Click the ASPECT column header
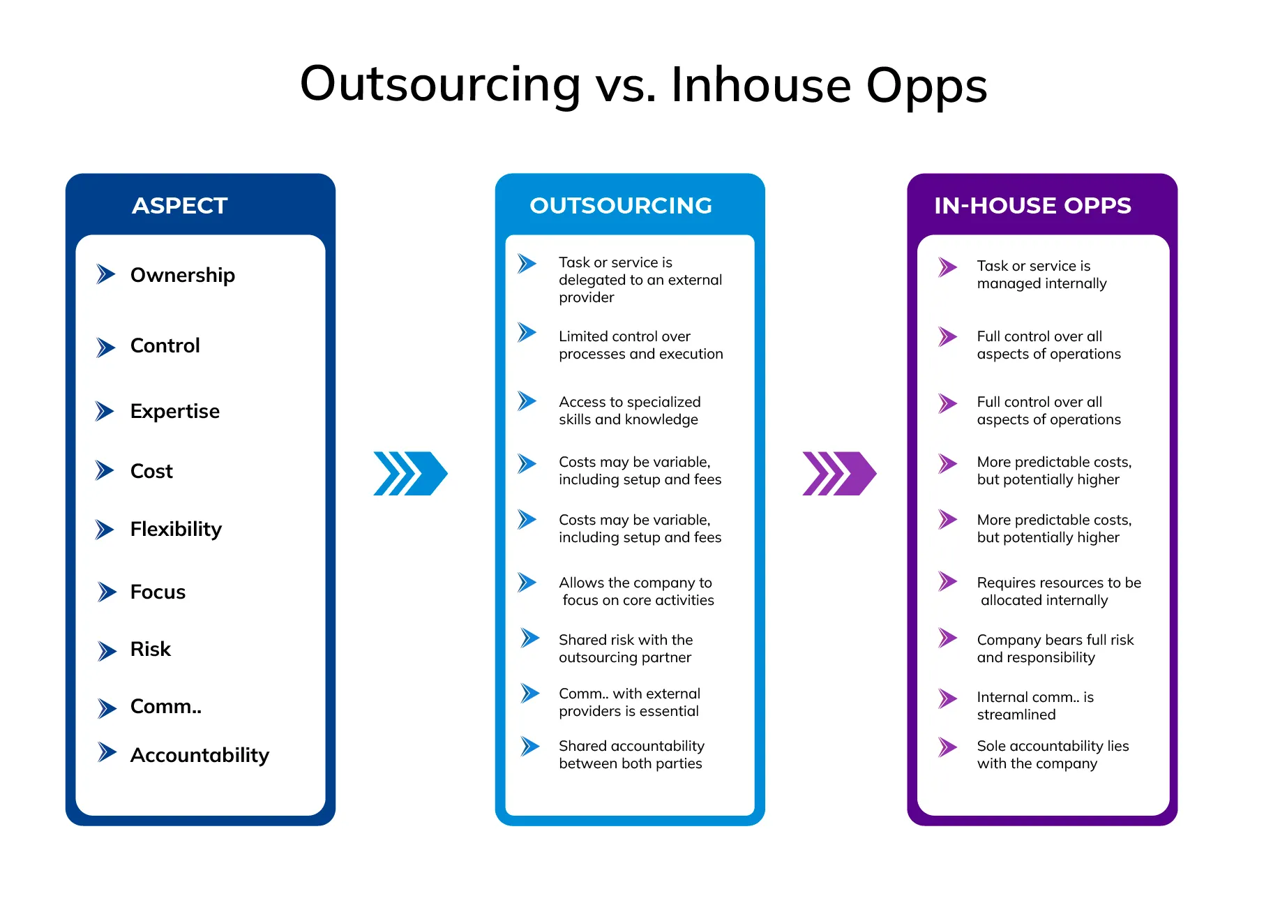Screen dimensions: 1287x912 click(180, 206)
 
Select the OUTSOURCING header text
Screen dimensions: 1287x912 click(621, 206)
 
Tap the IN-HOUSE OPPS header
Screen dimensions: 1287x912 click(1032, 206)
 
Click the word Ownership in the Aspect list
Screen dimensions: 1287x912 click(183, 276)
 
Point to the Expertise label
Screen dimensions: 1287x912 click(175, 412)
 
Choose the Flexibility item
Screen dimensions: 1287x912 click(176, 530)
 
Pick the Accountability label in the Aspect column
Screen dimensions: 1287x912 click(200, 755)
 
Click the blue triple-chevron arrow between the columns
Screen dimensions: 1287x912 click(411, 474)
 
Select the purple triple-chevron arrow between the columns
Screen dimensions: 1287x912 click(840, 474)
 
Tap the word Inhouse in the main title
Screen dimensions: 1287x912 click(761, 85)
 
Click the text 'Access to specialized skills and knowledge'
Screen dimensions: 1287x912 click(630, 411)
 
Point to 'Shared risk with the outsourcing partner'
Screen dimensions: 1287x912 click(626, 649)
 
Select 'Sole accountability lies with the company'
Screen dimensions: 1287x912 click(1053, 755)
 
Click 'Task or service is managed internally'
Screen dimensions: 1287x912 click(1041, 275)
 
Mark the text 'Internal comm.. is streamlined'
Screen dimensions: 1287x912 click(1035, 706)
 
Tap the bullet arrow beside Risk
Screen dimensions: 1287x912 click(107, 651)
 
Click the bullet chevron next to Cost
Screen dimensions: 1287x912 click(105, 471)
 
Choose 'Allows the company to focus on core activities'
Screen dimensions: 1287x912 click(636, 592)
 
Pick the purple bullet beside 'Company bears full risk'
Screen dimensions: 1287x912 click(948, 638)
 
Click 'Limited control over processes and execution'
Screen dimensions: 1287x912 click(640, 345)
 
